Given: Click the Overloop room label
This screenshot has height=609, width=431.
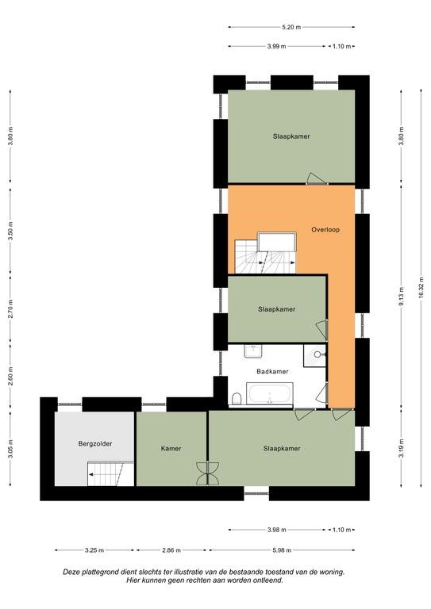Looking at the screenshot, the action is click(x=325, y=229).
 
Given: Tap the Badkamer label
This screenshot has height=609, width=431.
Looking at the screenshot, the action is click(x=272, y=372).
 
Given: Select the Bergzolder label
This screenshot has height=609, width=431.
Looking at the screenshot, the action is click(x=95, y=443).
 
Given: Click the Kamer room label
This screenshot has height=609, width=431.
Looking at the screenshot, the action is click(x=171, y=449).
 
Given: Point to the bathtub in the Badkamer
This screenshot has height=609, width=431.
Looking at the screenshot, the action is click(x=270, y=393).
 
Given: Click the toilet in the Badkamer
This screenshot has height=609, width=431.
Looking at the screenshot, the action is click(x=237, y=399).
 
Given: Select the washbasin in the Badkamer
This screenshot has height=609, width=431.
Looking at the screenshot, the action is click(x=253, y=350).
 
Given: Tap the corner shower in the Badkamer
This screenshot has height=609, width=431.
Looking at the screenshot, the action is click(x=315, y=355).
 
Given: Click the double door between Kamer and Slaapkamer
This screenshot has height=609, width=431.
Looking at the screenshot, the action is click(x=207, y=473).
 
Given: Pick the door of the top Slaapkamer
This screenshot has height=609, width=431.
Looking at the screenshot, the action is click(x=317, y=178).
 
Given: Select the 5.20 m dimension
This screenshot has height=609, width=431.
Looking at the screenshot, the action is click(x=291, y=27).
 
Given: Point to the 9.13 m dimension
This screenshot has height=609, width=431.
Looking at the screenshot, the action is click(x=402, y=296).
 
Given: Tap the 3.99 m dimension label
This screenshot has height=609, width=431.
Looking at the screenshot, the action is click(x=276, y=46).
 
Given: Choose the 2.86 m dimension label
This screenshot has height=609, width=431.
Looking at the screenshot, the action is click(x=171, y=550).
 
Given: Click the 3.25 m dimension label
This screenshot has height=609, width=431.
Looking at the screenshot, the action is click(x=94, y=550).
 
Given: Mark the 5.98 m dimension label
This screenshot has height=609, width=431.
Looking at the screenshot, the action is click(x=282, y=550).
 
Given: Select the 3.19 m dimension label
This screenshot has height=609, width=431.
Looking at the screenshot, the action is click(x=402, y=448).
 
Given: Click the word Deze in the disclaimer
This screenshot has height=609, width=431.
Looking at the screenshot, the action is click(x=71, y=572).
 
